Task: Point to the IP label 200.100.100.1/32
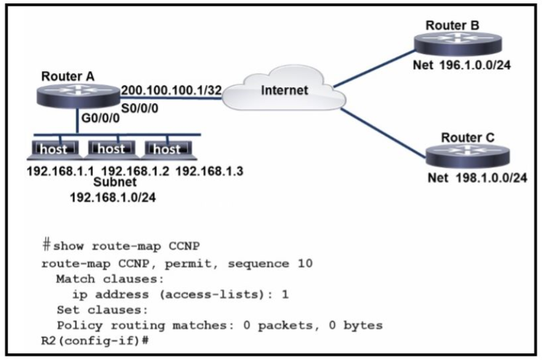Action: coord(171,89)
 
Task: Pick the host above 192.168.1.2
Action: coord(111,149)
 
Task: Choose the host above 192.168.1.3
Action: coord(168,149)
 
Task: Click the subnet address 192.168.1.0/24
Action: coord(112,197)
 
